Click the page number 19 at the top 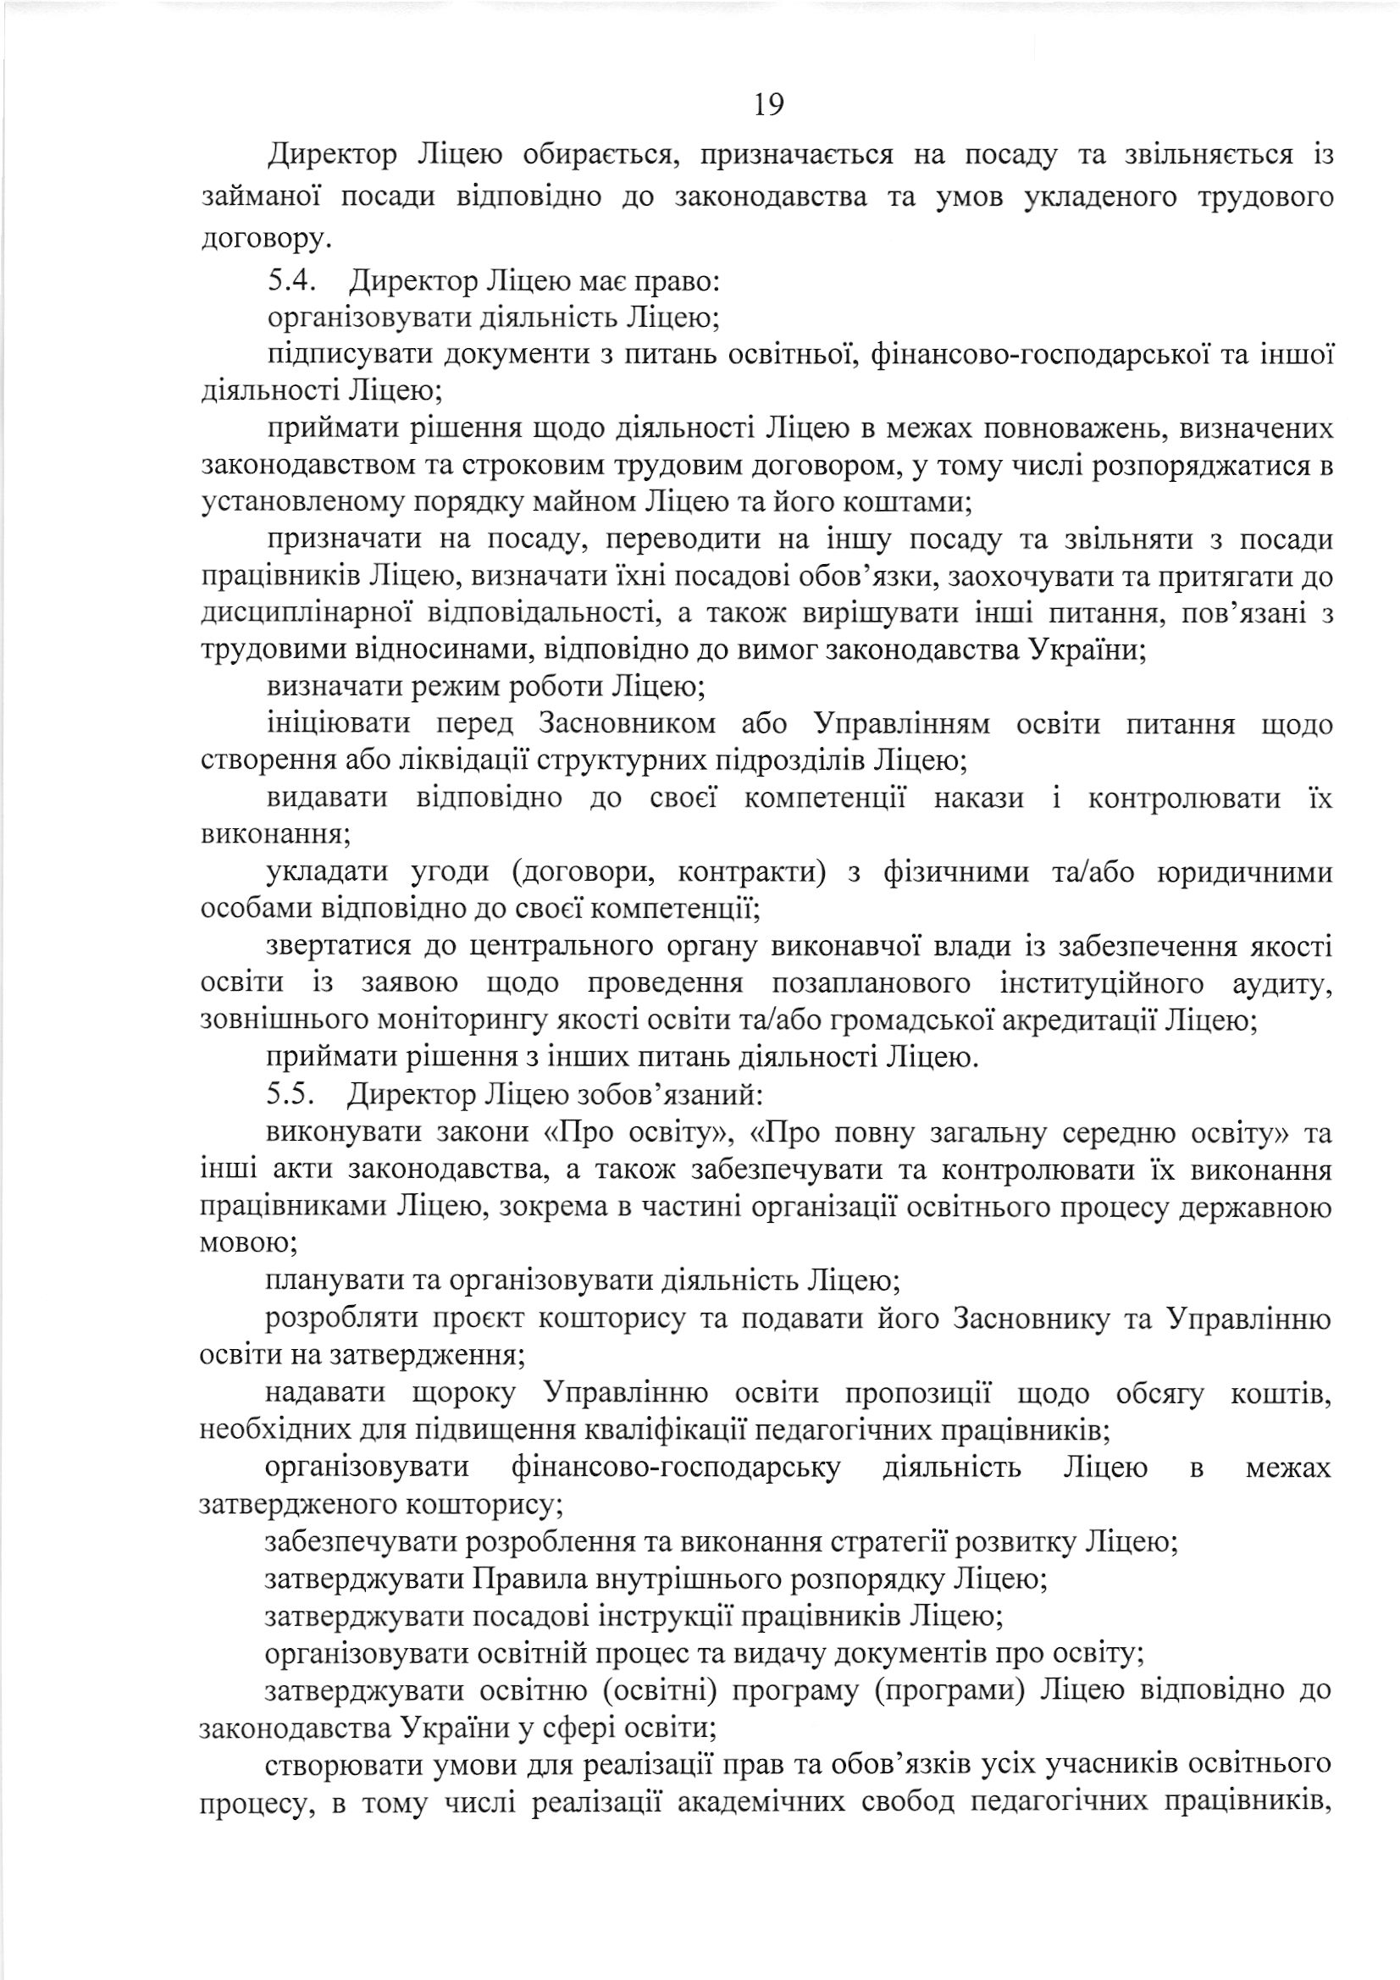tap(768, 104)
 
